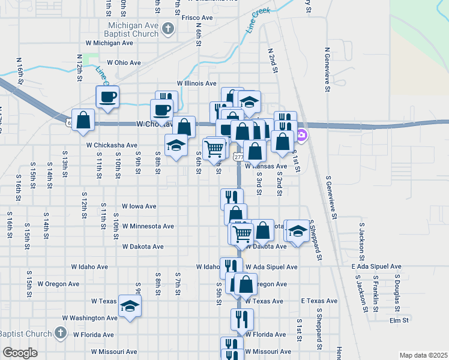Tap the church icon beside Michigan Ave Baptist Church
coord(169,28)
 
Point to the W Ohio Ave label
coord(124,62)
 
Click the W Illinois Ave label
coord(196,83)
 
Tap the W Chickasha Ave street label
coord(112,145)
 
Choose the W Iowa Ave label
coord(139,206)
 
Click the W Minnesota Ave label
coord(148,226)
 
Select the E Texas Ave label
coord(319,301)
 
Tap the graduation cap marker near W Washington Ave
coord(130,307)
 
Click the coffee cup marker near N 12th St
coord(108,97)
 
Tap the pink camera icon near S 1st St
coord(302,134)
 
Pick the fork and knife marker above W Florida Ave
coord(243,320)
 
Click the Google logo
coord(20,353)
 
